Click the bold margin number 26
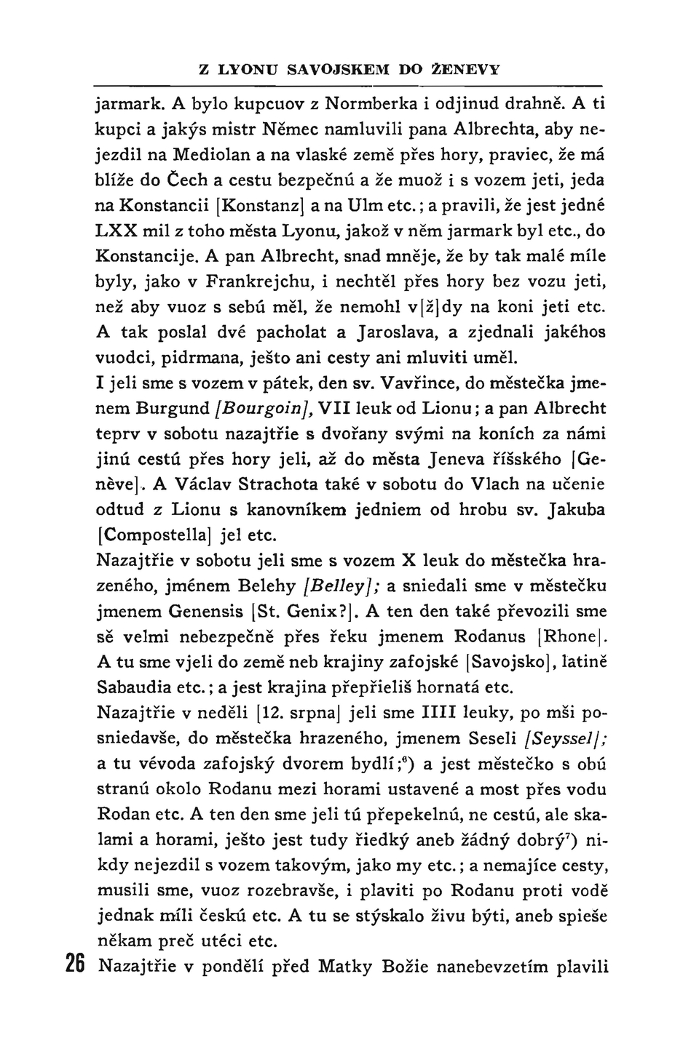76,967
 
